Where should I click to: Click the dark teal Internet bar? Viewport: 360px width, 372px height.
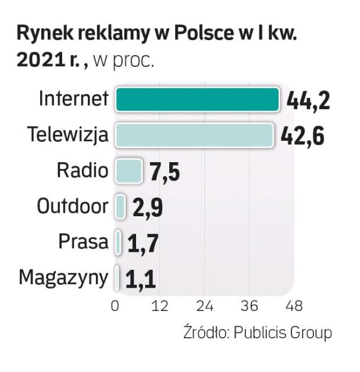[197, 99]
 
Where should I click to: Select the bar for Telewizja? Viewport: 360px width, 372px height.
[194, 135]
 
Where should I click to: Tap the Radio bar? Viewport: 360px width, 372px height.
[128, 171]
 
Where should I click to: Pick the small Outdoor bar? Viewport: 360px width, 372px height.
[120, 206]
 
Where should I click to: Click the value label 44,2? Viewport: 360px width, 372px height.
[308, 101]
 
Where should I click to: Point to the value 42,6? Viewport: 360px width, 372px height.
[302, 136]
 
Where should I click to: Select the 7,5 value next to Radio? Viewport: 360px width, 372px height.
[165, 172]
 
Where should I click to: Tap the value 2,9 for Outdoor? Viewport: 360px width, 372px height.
[147, 208]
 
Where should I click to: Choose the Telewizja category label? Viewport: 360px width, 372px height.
[68, 135]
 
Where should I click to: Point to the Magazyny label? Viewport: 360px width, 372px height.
[63, 278]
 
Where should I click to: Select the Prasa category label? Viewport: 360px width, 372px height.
[83, 242]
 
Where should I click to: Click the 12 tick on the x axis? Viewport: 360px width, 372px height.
[160, 306]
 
